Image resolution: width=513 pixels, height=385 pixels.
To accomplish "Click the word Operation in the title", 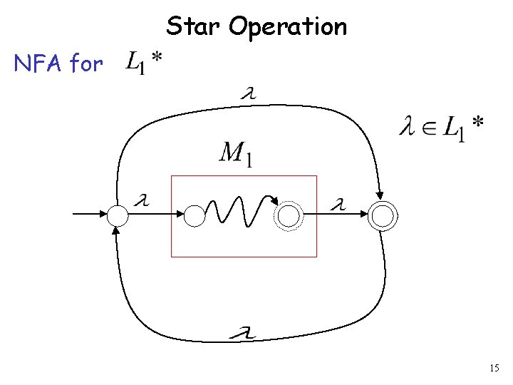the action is [289, 28].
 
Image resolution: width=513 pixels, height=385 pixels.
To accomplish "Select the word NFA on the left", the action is [38, 64].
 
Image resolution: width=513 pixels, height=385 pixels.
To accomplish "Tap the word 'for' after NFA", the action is [86, 64].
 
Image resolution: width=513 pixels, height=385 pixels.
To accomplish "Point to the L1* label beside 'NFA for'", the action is [142, 63].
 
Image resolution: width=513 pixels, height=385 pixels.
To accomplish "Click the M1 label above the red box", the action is [235, 153].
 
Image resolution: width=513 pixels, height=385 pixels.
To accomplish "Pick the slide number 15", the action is [494, 368].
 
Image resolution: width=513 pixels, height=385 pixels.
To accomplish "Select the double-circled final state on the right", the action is [383, 216].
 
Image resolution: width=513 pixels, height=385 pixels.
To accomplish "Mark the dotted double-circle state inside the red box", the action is [289, 216].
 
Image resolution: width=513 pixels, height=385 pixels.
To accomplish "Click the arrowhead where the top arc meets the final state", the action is [380, 193].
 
